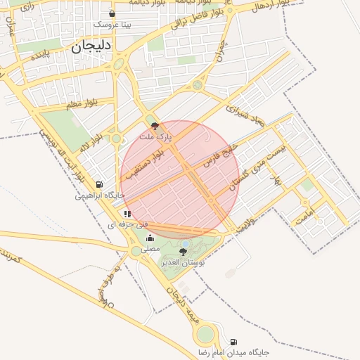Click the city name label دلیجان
click(x=91, y=46)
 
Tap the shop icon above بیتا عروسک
click(x=112, y=14)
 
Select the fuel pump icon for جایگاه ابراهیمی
click(x=100, y=185)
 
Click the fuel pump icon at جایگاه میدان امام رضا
click(x=233, y=342)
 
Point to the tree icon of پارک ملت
click(x=155, y=126)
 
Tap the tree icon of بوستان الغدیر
click(x=184, y=251)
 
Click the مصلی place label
click(x=150, y=248)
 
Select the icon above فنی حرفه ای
click(x=127, y=214)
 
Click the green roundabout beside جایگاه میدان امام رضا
click(x=205, y=335)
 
